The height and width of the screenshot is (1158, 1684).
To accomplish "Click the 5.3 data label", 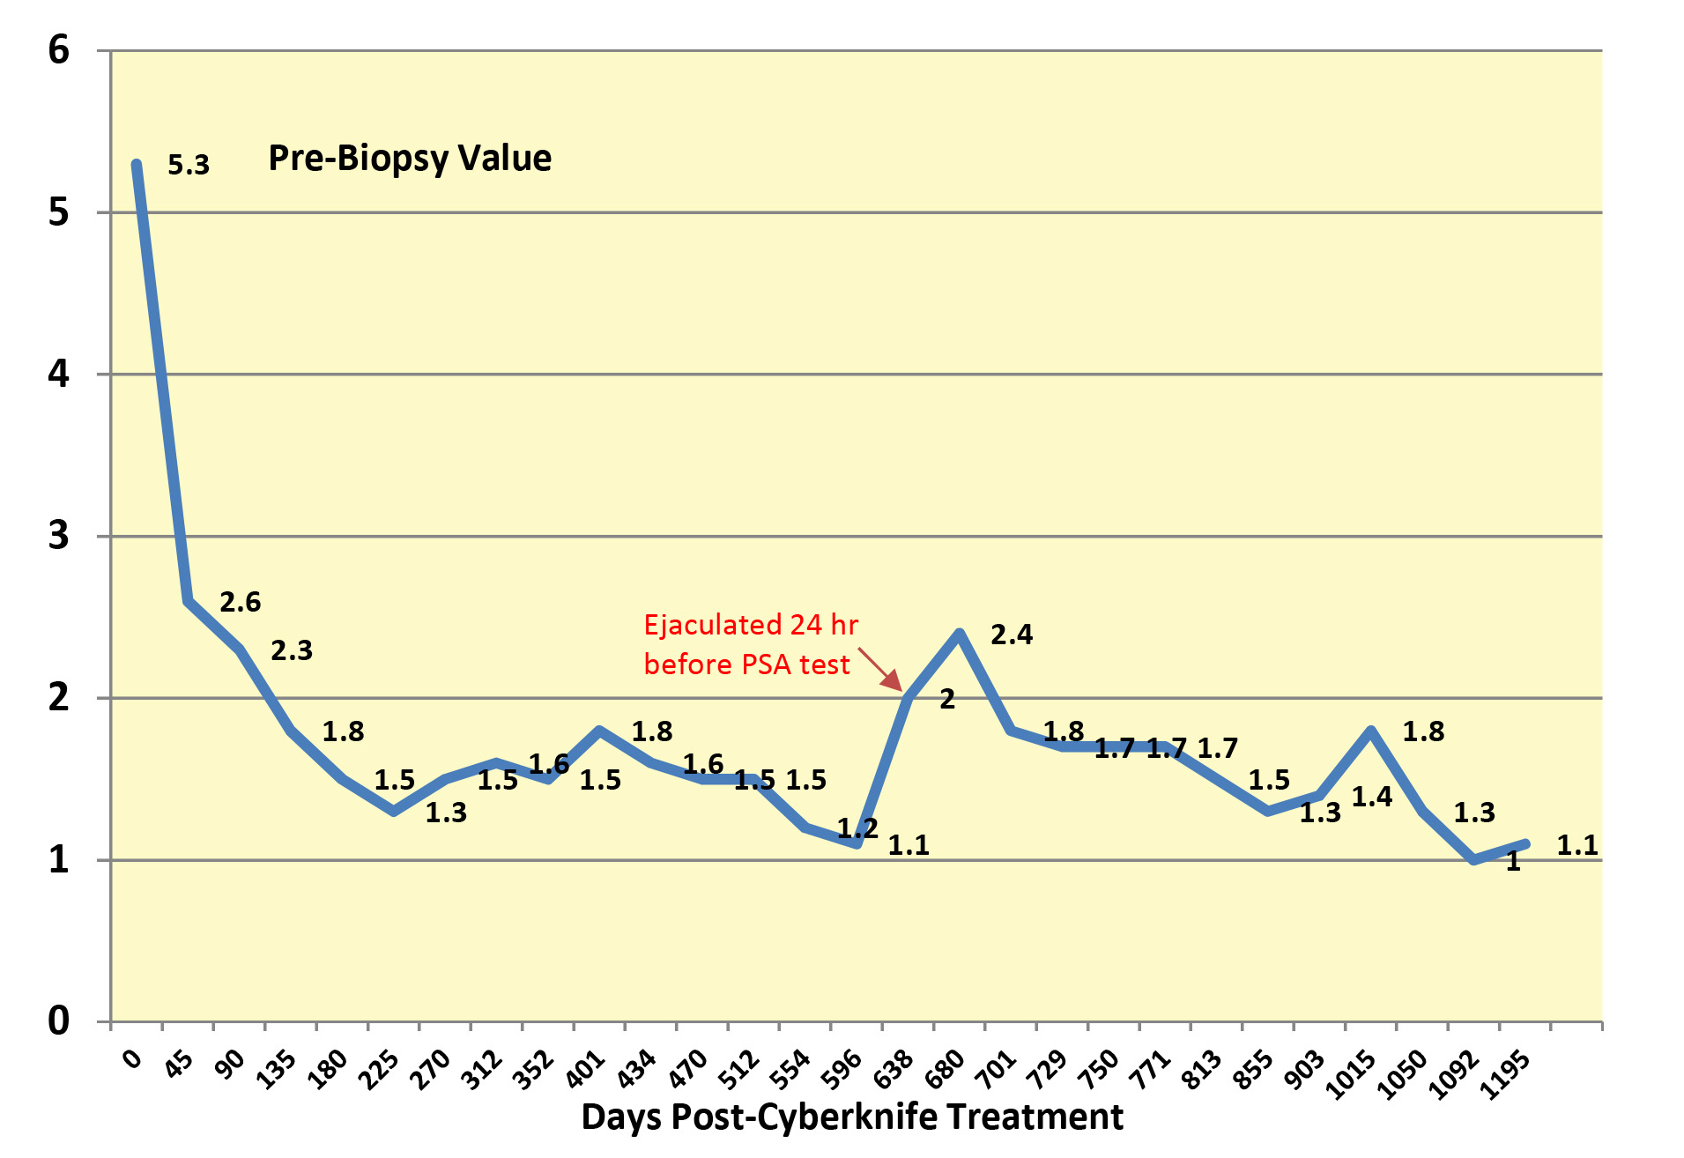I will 189,165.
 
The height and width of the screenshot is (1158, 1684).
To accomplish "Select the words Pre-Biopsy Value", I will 410,159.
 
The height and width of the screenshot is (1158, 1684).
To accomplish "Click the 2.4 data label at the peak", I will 1011,635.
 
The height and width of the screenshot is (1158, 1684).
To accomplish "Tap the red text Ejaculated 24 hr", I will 751,625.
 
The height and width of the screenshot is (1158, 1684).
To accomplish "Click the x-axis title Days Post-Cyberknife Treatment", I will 851,1117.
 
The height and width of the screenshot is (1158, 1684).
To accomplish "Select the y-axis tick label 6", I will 58,50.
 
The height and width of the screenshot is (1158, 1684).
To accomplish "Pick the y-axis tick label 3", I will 58,536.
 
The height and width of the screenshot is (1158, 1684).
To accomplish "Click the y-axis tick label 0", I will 58,1021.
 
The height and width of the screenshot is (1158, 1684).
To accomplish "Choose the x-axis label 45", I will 179,1065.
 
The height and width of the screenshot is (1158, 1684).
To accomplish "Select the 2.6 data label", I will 240,603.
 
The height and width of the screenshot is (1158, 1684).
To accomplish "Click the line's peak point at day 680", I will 960,633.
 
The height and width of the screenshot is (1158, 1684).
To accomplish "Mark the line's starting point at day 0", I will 137,164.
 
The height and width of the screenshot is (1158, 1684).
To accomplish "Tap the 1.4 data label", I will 1371,798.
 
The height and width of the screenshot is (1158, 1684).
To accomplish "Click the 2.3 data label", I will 292,651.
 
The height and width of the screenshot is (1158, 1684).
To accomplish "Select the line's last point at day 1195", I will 1525,843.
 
